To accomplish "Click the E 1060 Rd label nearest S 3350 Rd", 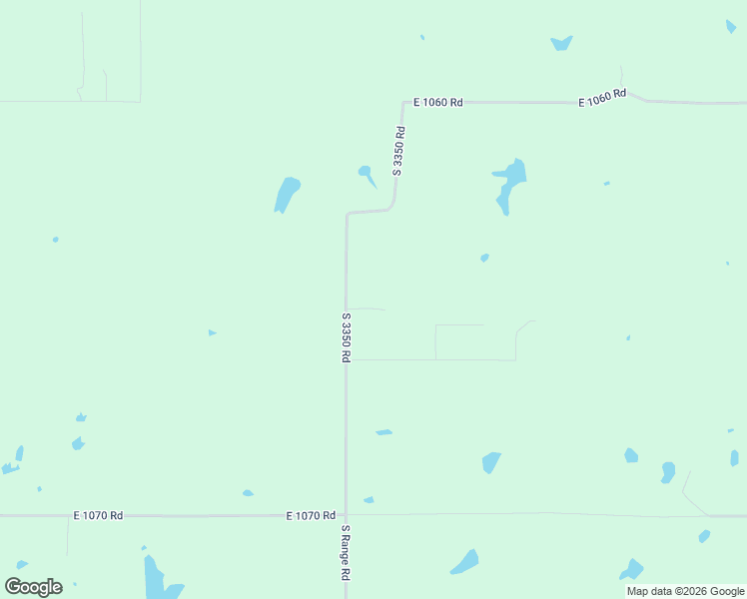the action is (439, 102).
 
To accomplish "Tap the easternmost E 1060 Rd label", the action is (602, 98).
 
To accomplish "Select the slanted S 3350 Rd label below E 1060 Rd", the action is (398, 151).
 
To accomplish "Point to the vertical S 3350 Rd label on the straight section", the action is (346, 336).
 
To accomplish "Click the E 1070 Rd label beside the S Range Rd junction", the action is (311, 515).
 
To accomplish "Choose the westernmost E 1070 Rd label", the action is (98, 515).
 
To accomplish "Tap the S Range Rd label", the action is (347, 553).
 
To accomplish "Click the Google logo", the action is (33, 587).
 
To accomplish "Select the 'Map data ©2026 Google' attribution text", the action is (685, 591).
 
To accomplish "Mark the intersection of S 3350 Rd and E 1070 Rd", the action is (346, 515).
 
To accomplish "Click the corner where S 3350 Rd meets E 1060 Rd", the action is (403, 102).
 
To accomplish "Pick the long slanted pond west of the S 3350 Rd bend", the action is (287, 194).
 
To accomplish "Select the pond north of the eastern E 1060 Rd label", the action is (561, 43).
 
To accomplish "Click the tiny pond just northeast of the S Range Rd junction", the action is (369, 499).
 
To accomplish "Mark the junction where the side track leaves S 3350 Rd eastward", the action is (347, 359).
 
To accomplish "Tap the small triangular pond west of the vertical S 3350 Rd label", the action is (212, 332).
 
